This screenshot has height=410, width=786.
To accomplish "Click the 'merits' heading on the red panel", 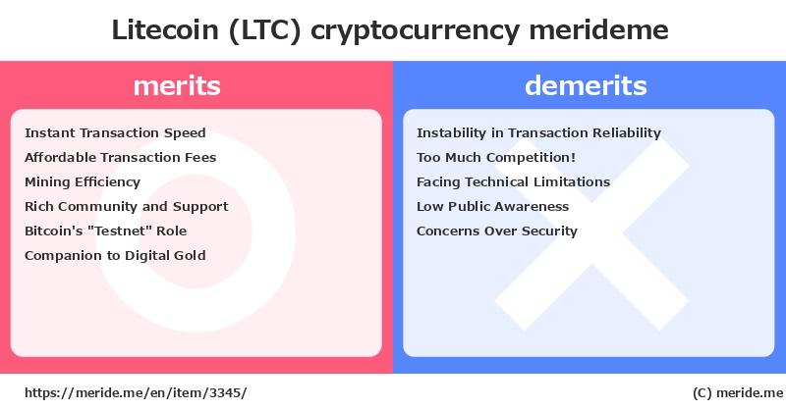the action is pyautogui.click(x=177, y=85).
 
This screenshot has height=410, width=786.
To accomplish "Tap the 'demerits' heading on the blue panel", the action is pyautogui.click(x=586, y=85).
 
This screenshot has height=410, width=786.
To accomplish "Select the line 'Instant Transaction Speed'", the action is pyautogui.click(x=115, y=133).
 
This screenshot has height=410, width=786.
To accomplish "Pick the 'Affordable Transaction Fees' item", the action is pyautogui.click(x=120, y=157).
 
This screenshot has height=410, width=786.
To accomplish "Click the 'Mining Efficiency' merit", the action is pyautogui.click(x=83, y=182).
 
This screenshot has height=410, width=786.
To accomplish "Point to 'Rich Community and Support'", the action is pyautogui.click(x=127, y=207).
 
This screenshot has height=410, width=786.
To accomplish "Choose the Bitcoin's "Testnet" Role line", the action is pyautogui.click(x=106, y=231).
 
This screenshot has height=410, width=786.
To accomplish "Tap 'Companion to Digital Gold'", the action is pyautogui.click(x=115, y=256).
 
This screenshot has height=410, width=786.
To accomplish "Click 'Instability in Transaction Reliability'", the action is pyautogui.click(x=538, y=133).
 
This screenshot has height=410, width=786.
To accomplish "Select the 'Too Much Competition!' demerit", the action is pyautogui.click(x=496, y=157).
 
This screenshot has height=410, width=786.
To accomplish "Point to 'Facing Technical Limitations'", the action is pyautogui.click(x=513, y=182).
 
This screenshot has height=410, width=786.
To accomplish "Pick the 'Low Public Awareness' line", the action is pyautogui.click(x=493, y=206).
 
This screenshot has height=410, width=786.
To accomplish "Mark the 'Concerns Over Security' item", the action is pyautogui.click(x=497, y=231).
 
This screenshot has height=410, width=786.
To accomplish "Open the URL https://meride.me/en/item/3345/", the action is pyautogui.click(x=136, y=392).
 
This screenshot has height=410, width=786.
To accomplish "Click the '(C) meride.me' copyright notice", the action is pyautogui.click(x=738, y=393).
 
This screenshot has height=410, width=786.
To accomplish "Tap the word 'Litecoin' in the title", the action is pyautogui.click(x=165, y=30).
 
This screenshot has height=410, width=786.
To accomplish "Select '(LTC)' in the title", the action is pyautogui.click(x=264, y=30).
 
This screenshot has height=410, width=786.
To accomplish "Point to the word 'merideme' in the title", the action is pyautogui.click(x=599, y=30).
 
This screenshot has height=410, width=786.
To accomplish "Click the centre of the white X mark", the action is pyautogui.click(x=592, y=233).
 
